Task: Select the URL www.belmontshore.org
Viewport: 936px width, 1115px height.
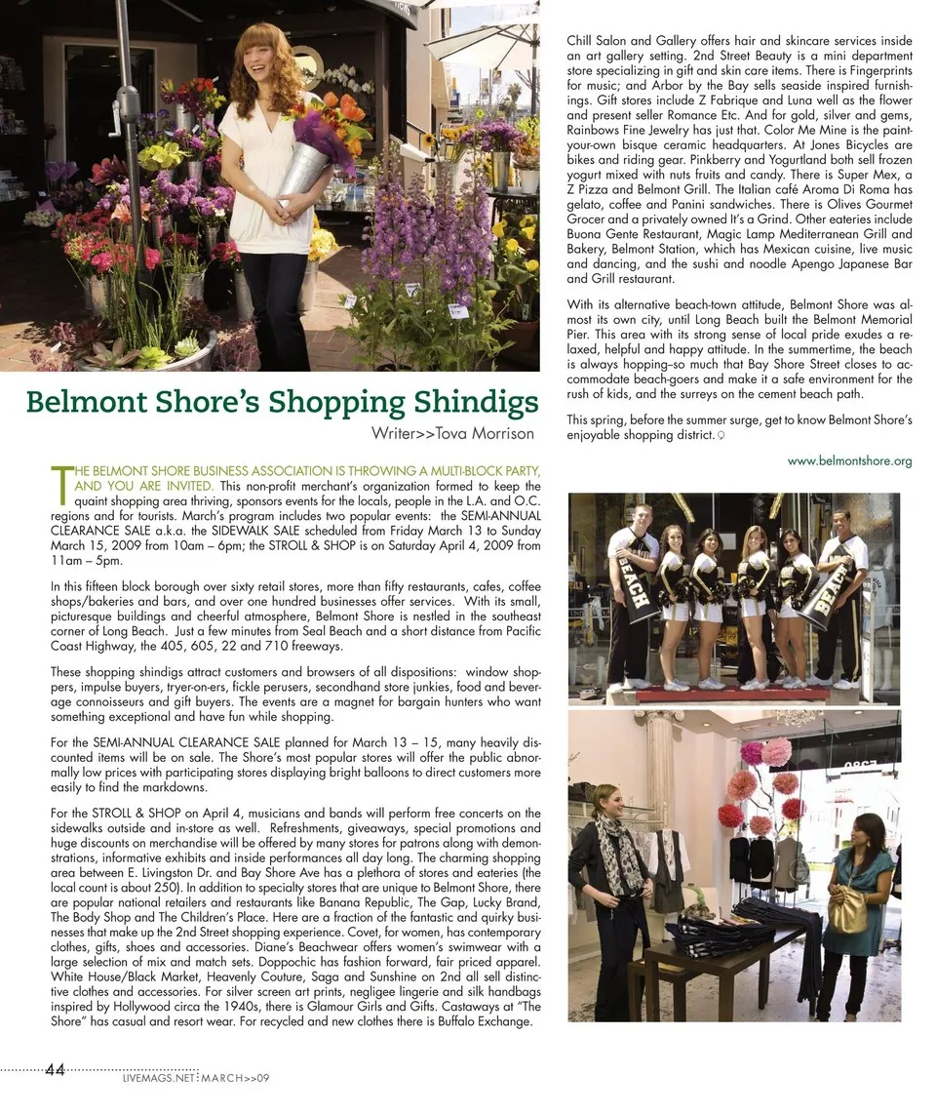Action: pos(849,461)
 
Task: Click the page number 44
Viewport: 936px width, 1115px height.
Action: pos(56,1070)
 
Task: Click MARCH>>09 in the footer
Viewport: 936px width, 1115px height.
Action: pos(235,1079)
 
